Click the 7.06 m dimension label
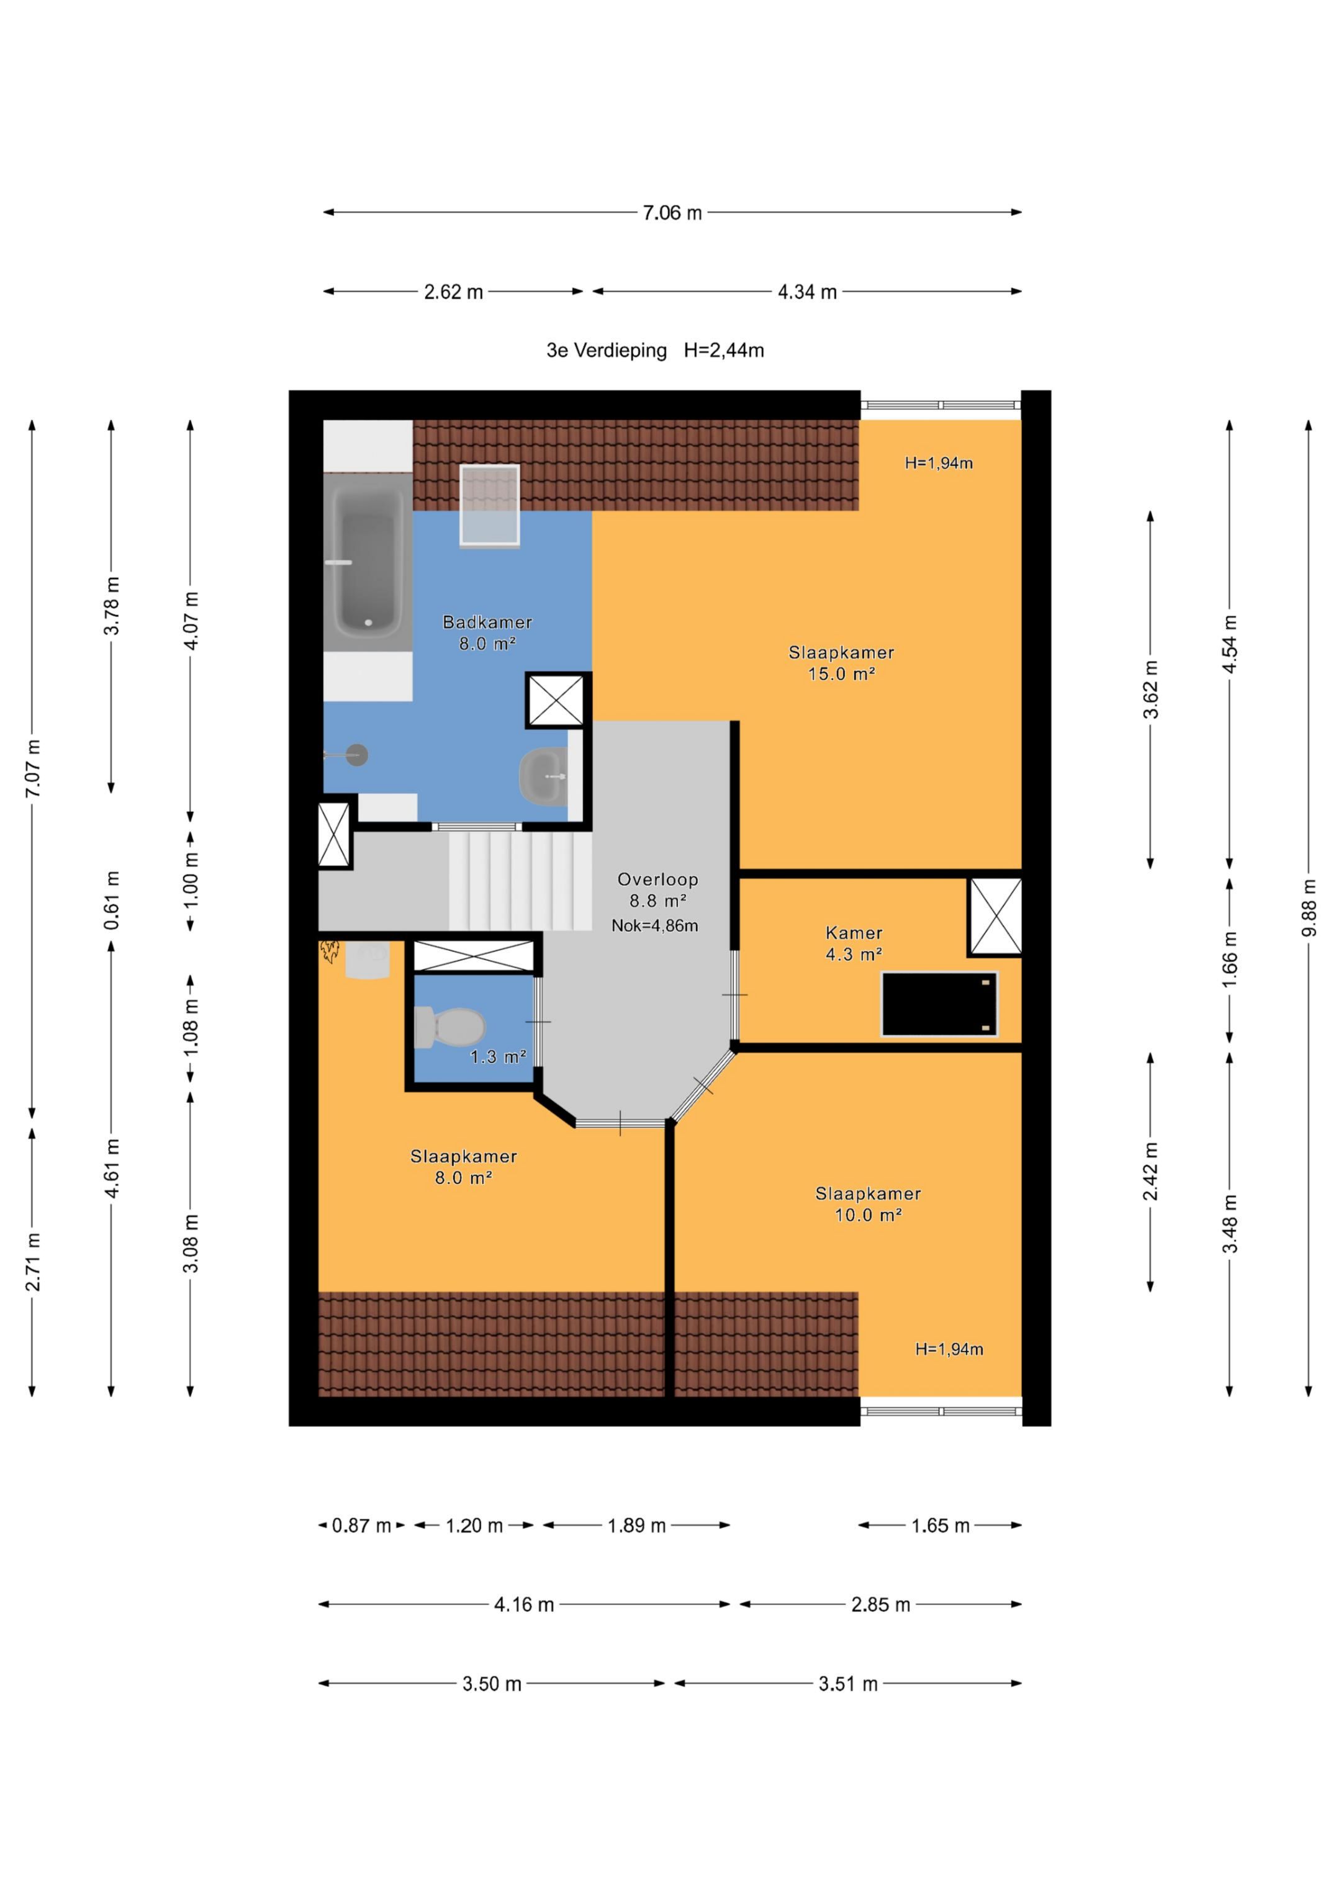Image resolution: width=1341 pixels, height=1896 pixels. pyautogui.click(x=672, y=213)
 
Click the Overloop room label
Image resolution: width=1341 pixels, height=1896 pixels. pyautogui.click(x=657, y=879)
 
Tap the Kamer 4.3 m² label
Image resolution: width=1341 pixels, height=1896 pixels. pyautogui.click(x=854, y=943)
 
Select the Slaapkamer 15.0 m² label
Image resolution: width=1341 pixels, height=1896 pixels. pyautogui.click(x=841, y=663)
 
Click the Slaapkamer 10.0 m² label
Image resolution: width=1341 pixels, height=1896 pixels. pyautogui.click(x=867, y=1204)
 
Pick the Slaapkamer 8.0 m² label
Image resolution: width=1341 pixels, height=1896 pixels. pyautogui.click(x=464, y=1167)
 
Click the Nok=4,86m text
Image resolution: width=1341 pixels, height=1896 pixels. pyautogui.click(x=654, y=926)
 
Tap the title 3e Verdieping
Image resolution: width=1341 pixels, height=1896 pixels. pyautogui.click(x=607, y=350)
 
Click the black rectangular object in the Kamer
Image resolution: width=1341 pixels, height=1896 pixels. pyautogui.click(x=939, y=1004)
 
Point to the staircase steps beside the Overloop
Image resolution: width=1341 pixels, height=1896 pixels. pyautogui.click(x=520, y=881)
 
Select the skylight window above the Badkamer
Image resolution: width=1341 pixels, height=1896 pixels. pyautogui.click(x=489, y=505)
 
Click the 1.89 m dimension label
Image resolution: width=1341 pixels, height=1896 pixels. pyautogui.click(x=636, y=1525)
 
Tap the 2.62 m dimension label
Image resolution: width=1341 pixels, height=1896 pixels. pyautogui.click(x=454, y=292)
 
